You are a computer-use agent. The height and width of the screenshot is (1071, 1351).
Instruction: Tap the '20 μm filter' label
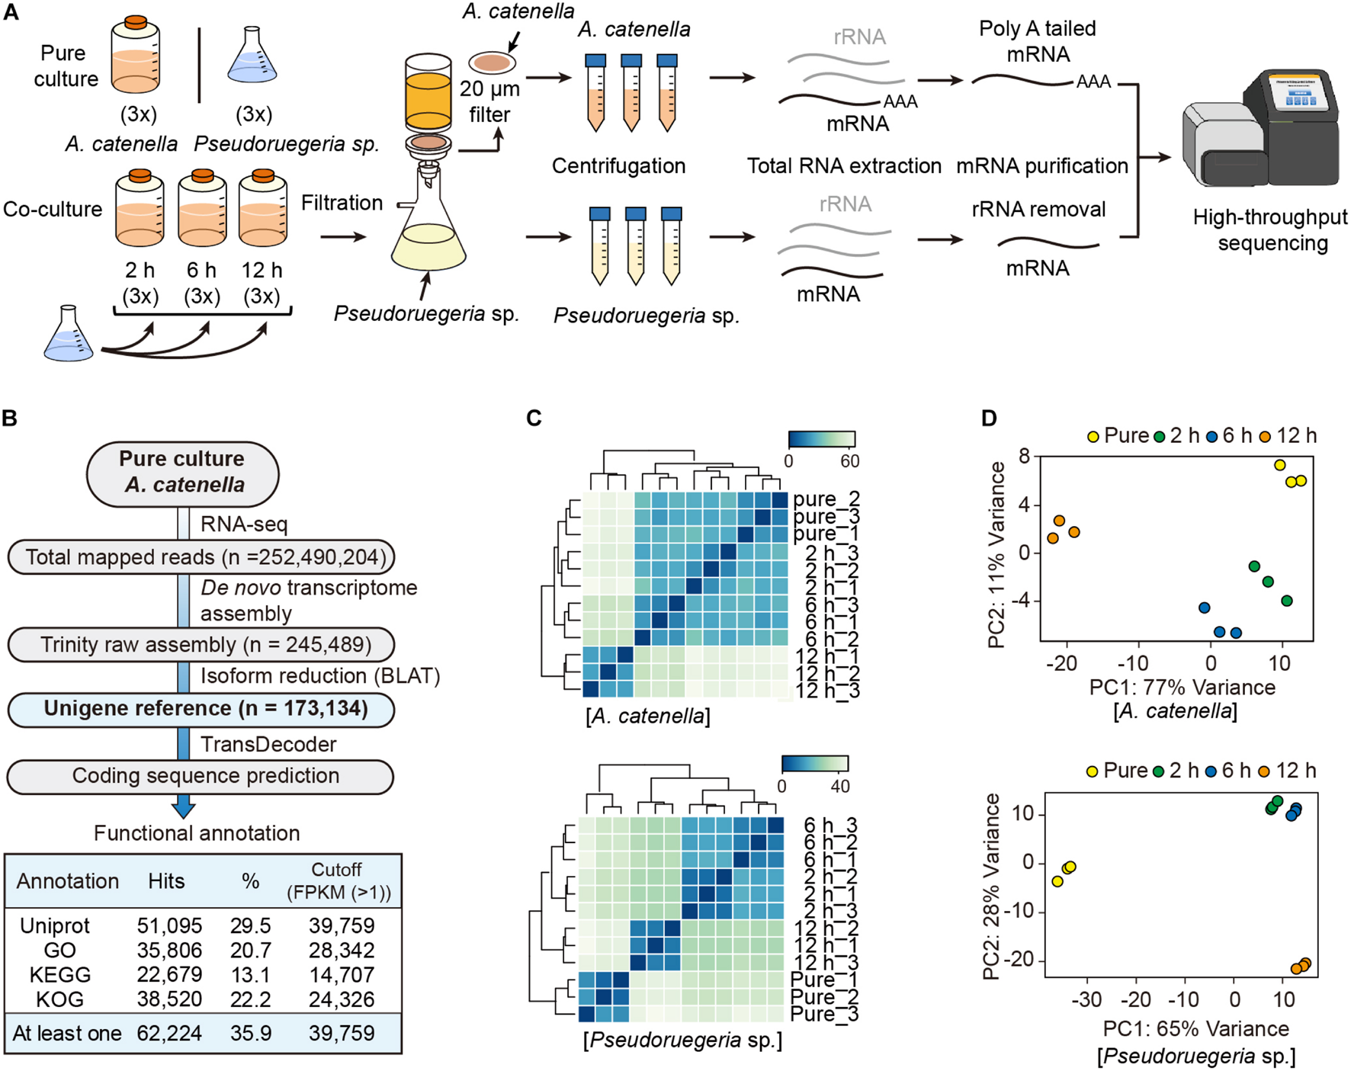(x=489, y=101)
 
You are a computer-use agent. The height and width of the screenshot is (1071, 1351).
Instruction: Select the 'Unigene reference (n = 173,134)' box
(x=201, y=709)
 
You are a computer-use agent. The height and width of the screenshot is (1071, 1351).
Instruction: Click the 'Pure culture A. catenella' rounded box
(x=183, y=473)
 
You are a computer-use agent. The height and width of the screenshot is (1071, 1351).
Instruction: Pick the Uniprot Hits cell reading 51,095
(x=169, y=925)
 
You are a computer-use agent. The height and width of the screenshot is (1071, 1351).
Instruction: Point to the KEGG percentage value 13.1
(x=250, y=975)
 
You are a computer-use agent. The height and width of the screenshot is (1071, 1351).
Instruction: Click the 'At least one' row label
(x=67, y=1033)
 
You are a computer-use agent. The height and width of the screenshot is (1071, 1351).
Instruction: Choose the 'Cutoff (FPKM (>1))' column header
(x=338, y=880)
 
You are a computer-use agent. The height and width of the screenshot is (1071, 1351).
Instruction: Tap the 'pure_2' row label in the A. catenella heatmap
(x=826, y=499)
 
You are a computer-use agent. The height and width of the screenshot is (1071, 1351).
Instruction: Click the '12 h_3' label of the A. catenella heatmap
(x=827, y=691)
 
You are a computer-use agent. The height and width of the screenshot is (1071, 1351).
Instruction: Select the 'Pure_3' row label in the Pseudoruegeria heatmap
(x=823, y=1014)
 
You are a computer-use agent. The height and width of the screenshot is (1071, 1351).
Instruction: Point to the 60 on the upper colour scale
(x=849, y=461)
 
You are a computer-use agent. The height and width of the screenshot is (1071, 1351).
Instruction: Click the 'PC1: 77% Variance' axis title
(x=1182, y=688)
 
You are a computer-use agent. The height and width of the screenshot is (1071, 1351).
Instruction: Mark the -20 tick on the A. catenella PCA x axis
(x=1061, y=663)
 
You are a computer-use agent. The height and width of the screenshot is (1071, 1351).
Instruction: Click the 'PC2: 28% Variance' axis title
(x=992, y=887)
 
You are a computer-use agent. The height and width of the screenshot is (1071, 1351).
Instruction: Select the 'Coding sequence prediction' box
(x=201, y=776)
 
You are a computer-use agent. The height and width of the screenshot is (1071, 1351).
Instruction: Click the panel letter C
(x=534, y=418)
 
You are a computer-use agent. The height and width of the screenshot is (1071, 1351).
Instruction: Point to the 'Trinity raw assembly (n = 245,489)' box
(x=201, y=645)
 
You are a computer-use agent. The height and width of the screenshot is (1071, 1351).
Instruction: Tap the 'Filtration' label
(x=342, y=203)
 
